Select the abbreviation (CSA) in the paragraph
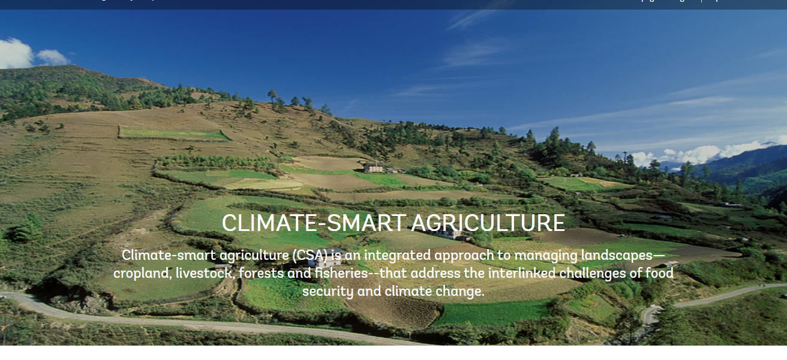pyautogui.click(x=310, y=256)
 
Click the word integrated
pyautogui.click(x=397, y=256)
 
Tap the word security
pyautogui.click(x=328, y=292)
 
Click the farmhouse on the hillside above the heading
pyautogui.click(x=374, y=167)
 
